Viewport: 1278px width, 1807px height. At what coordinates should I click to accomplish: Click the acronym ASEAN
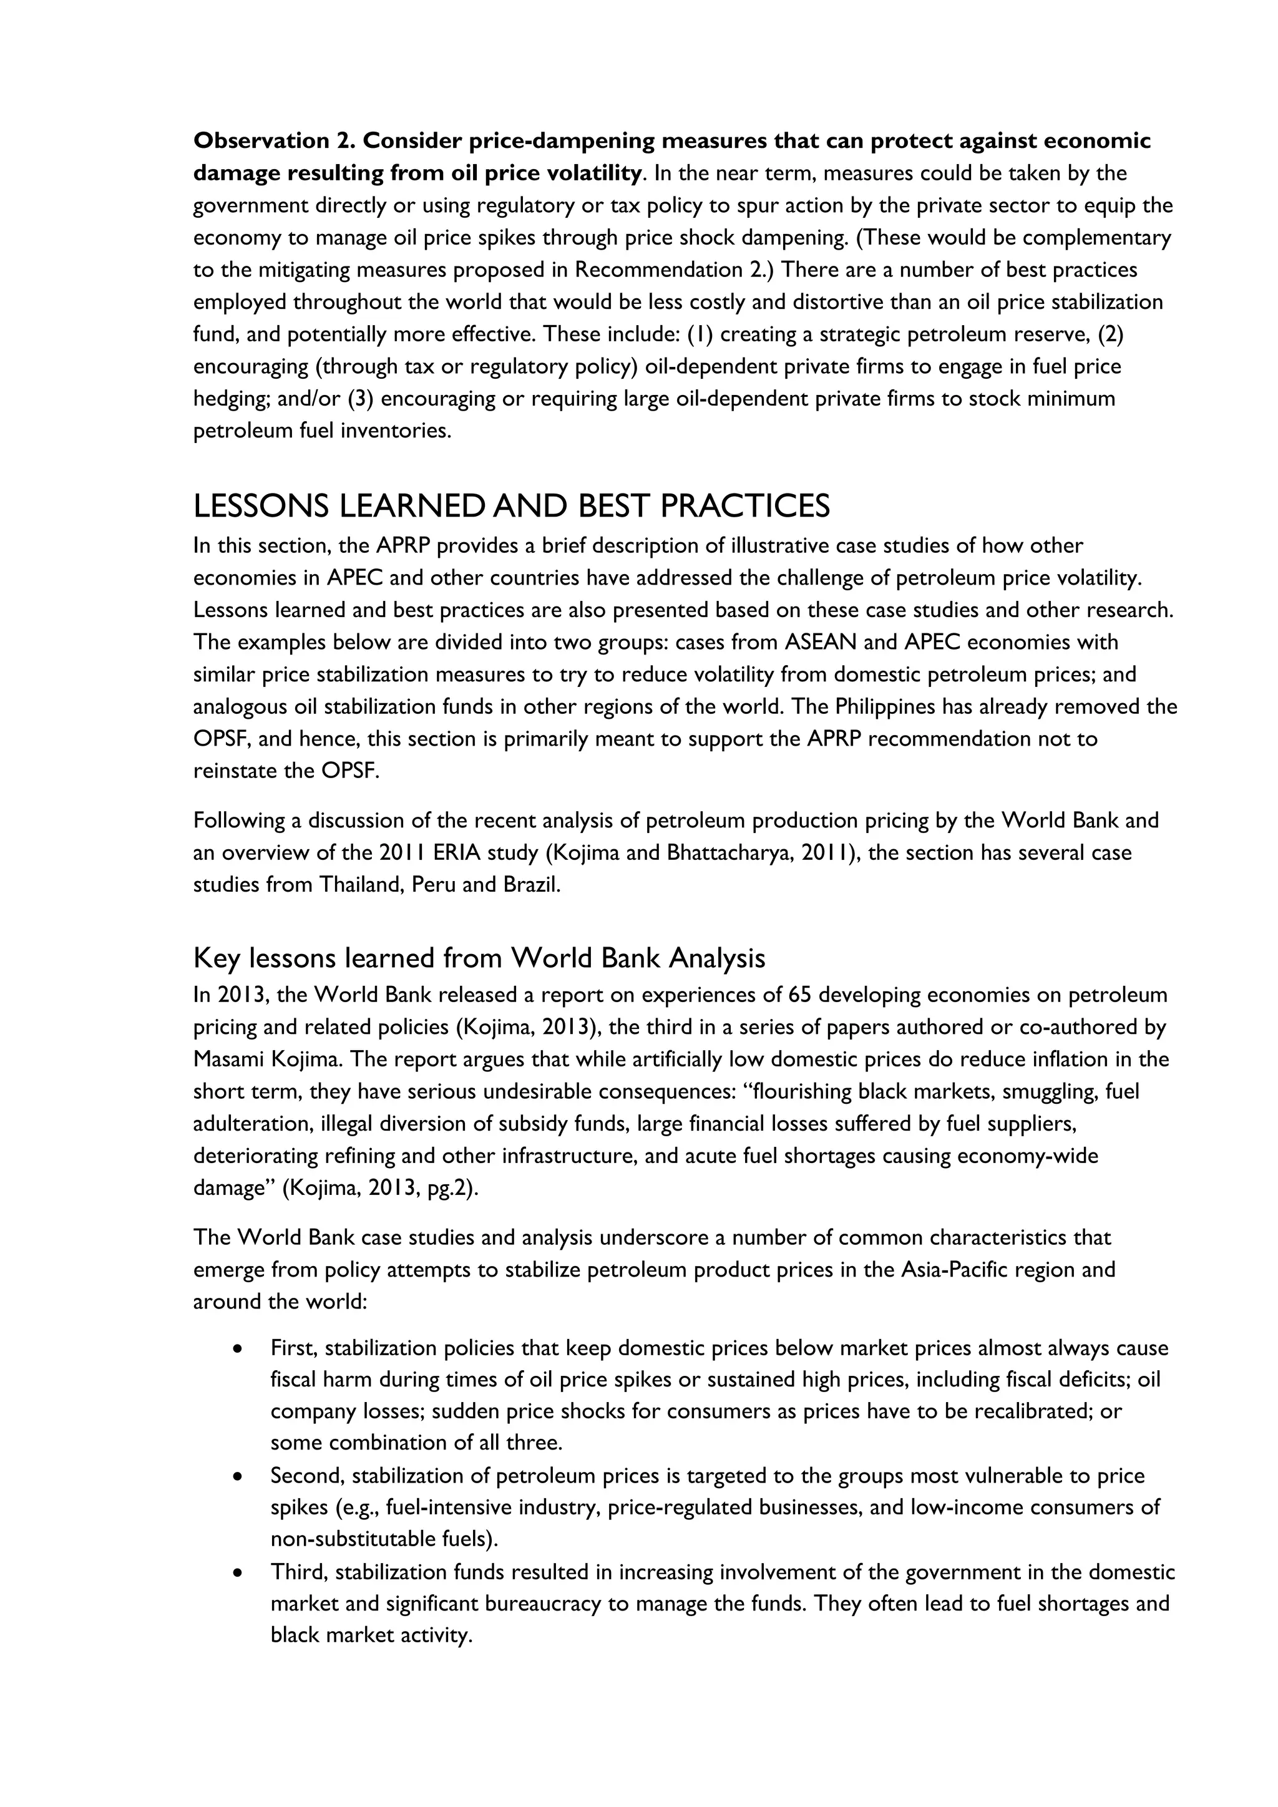tap(820, 642)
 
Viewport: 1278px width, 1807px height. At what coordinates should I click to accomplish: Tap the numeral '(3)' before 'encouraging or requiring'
tap(361, 399)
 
